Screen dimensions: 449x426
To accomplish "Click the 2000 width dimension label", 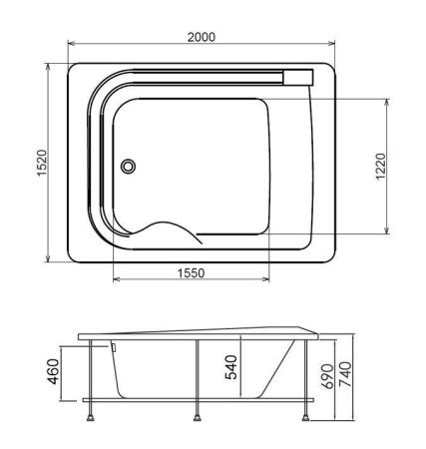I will (x=202, y=36).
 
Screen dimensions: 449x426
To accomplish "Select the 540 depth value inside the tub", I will (x=231, y=369).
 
